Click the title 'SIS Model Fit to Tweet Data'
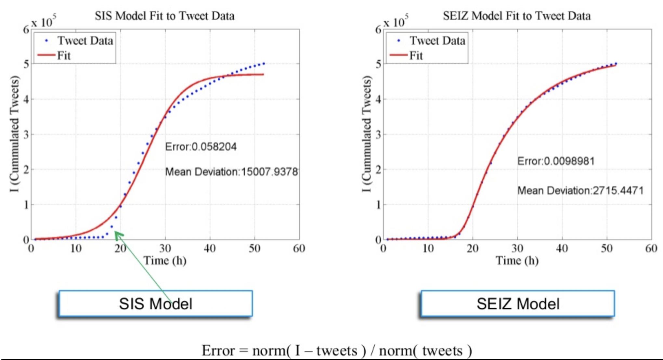click(x=164, y=16)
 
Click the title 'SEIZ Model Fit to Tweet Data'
click(x=517, y=16)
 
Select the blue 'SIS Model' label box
click(x=156, y=303)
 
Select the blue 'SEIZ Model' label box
click(x=518, y=303)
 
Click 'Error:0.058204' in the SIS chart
click(x=201, y=147)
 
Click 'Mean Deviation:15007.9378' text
click(x=231, y=172)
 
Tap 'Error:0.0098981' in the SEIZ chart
click(x=556, y=161)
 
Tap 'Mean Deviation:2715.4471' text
click(x=580, y=190)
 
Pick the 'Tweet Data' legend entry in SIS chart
click(x=85, y=41)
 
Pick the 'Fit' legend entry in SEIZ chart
click(x=416, y=56)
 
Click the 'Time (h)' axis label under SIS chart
click(x=165, y=261)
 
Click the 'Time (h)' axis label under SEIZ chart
click(x=517, y=261)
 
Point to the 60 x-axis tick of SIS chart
click(x=299, y=249)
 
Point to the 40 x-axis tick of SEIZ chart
click(x=562, y=249)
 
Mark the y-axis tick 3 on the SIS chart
click(x=26, y=134)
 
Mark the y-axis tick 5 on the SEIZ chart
click(x=378, y=64)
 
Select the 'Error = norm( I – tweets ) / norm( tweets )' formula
click(x=337, y=350)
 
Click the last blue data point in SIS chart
click(x=264, y=64)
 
